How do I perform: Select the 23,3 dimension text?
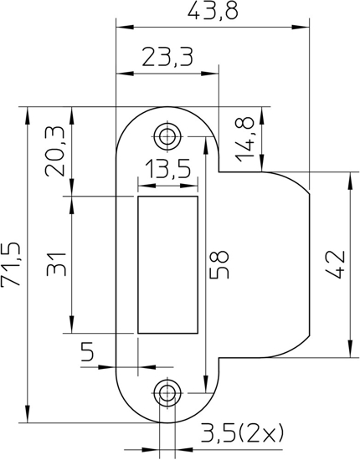[x=167, y=57]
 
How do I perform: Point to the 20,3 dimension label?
[x=56, y=151]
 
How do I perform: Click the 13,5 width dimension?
[x=168, y=171]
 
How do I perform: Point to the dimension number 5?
[x=87, y=352]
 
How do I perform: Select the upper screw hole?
[x=168, y=135]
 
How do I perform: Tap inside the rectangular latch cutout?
[x=168, y=264]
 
